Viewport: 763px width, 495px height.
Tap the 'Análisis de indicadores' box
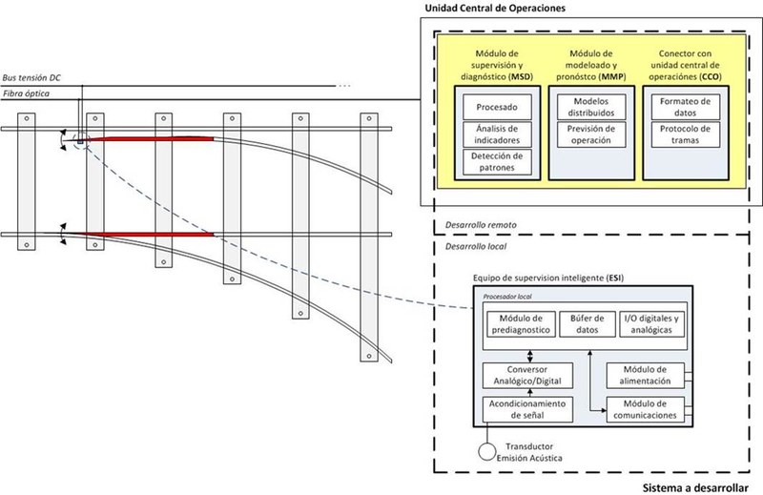click(x=495, y=134)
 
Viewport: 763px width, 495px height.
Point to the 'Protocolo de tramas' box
click(x=684, y=134)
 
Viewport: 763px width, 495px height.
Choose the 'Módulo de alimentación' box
click(x=646, y=375)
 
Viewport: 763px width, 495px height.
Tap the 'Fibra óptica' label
click(x=27, y=94)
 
